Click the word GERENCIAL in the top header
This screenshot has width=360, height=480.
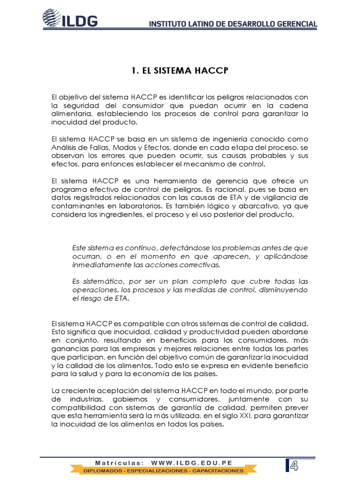pyautogui.click(x=294, y=23)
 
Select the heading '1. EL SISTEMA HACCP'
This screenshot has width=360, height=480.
pyautogui.click(x=180, y=71)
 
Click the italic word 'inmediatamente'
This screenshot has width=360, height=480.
pyautogui.click(x=97, y=264)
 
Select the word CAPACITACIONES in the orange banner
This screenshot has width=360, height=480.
pyautogui.click(x=215, y=470)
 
